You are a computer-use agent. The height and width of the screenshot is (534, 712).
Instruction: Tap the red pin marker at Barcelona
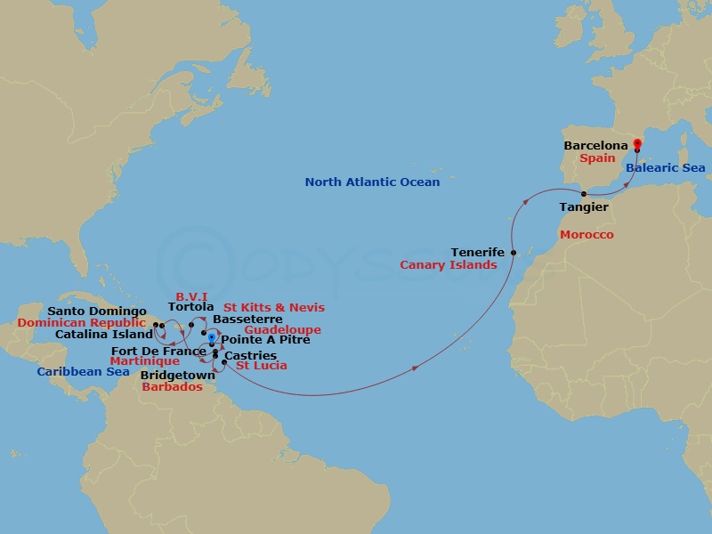point(637,146)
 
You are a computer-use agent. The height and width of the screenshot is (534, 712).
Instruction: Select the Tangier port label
point(584,207)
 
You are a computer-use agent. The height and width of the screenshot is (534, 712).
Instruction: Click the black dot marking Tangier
point(584,194)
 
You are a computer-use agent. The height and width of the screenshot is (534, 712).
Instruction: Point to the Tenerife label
point(478,253)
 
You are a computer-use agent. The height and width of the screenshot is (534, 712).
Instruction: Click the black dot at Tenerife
point(514,254)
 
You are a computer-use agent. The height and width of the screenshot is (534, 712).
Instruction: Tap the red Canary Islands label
point(448,265)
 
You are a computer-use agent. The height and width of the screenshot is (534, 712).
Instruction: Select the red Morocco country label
point(587,234)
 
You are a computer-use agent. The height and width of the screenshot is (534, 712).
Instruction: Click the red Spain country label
point(597,158)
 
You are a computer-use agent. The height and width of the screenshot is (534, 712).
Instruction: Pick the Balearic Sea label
point(665,168)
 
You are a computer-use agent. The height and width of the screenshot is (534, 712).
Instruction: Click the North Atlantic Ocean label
point(372,182)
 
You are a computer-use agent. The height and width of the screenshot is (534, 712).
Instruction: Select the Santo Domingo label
point(97,311)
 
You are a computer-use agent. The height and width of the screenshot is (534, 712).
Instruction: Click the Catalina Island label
point(104,335)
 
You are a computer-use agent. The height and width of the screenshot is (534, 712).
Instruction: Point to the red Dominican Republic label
point(81,323)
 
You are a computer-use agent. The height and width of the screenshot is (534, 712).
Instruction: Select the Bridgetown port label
point(177,376)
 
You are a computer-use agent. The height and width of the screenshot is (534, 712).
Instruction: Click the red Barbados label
point(172,387)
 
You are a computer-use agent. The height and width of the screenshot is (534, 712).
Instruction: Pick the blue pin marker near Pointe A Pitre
point(211,338)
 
